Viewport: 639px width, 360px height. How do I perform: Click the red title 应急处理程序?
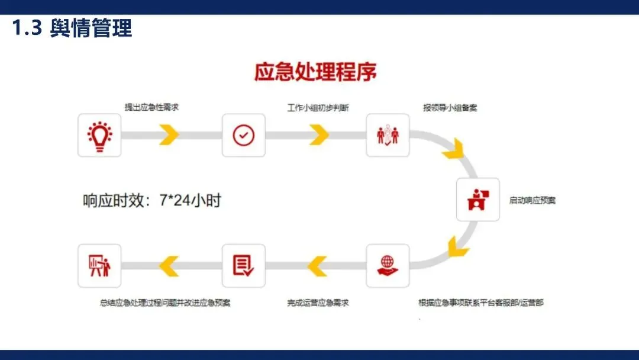(315, 72)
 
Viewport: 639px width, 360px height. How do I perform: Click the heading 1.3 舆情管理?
(72, 28)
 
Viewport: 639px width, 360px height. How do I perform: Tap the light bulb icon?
(99, 135)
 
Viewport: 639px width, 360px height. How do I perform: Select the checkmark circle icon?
(243, 135)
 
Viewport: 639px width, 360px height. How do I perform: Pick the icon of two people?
(388, 135)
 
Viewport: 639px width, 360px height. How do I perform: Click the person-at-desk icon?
(477, 200)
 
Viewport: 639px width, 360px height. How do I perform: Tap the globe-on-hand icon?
(388, 265)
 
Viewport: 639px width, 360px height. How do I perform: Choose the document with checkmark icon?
(243, 265)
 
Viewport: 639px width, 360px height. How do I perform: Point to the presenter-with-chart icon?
(99, 265)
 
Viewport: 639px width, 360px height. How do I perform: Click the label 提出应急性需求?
(151, 107)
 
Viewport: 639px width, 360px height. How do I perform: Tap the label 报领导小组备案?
(450, 108)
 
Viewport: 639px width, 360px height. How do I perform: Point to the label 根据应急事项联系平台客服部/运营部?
(480, 303)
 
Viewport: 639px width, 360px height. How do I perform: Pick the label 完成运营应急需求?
(318, 303)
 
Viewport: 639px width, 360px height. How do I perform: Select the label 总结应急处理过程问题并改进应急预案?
(165, 303)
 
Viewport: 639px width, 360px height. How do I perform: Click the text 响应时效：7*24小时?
(151, 200)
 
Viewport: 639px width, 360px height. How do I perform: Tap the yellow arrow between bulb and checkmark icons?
(169, 135)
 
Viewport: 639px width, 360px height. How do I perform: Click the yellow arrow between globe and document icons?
(317, 265)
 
